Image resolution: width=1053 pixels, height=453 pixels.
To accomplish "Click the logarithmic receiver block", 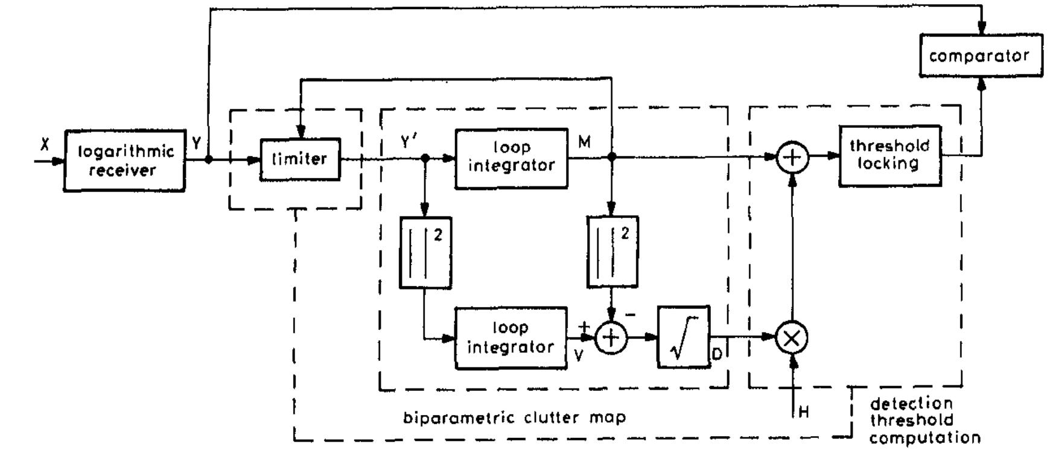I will (124, 160).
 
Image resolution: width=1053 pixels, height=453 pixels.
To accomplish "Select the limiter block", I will (300, 159).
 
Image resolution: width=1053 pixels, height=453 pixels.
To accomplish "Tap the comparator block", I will (980, 55).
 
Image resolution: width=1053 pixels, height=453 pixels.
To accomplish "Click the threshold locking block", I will (889, 156).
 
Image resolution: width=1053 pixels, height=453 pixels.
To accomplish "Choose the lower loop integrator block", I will (511, 338).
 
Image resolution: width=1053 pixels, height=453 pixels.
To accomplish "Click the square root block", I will (683, 337).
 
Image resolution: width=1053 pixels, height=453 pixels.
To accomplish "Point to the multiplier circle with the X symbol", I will (791, 338).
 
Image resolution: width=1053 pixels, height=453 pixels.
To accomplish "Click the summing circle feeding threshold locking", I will (792, 157).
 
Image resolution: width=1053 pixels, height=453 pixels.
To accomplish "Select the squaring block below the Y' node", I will (425, 253).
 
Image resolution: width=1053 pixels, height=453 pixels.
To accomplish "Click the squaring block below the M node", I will (612, 252).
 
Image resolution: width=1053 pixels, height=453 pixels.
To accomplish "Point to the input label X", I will (45, 145).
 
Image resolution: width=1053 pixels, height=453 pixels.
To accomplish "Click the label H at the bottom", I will (804, 412).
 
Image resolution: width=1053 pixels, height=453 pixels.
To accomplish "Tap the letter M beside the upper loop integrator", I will (584, 142).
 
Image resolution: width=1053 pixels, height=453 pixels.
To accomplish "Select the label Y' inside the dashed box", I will (409, 142).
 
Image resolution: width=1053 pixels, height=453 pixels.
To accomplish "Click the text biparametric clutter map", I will (514, 417).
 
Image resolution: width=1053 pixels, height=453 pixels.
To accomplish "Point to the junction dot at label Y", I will (209, 160).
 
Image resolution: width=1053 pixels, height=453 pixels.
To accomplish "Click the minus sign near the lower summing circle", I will (630, 314).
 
